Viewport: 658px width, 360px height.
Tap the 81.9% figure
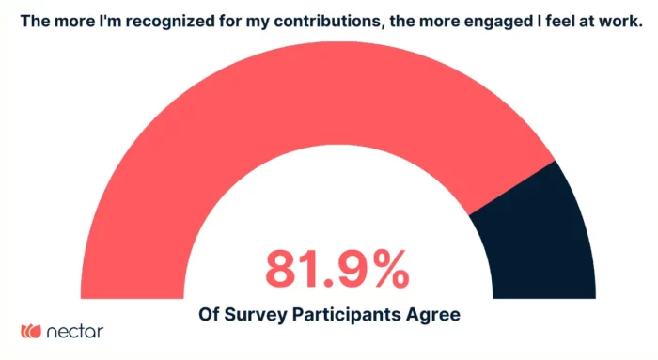(x=336, y=270)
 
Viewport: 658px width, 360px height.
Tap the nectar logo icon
(x=31, y=331)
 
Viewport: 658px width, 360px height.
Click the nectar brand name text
(x=74, y=331)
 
